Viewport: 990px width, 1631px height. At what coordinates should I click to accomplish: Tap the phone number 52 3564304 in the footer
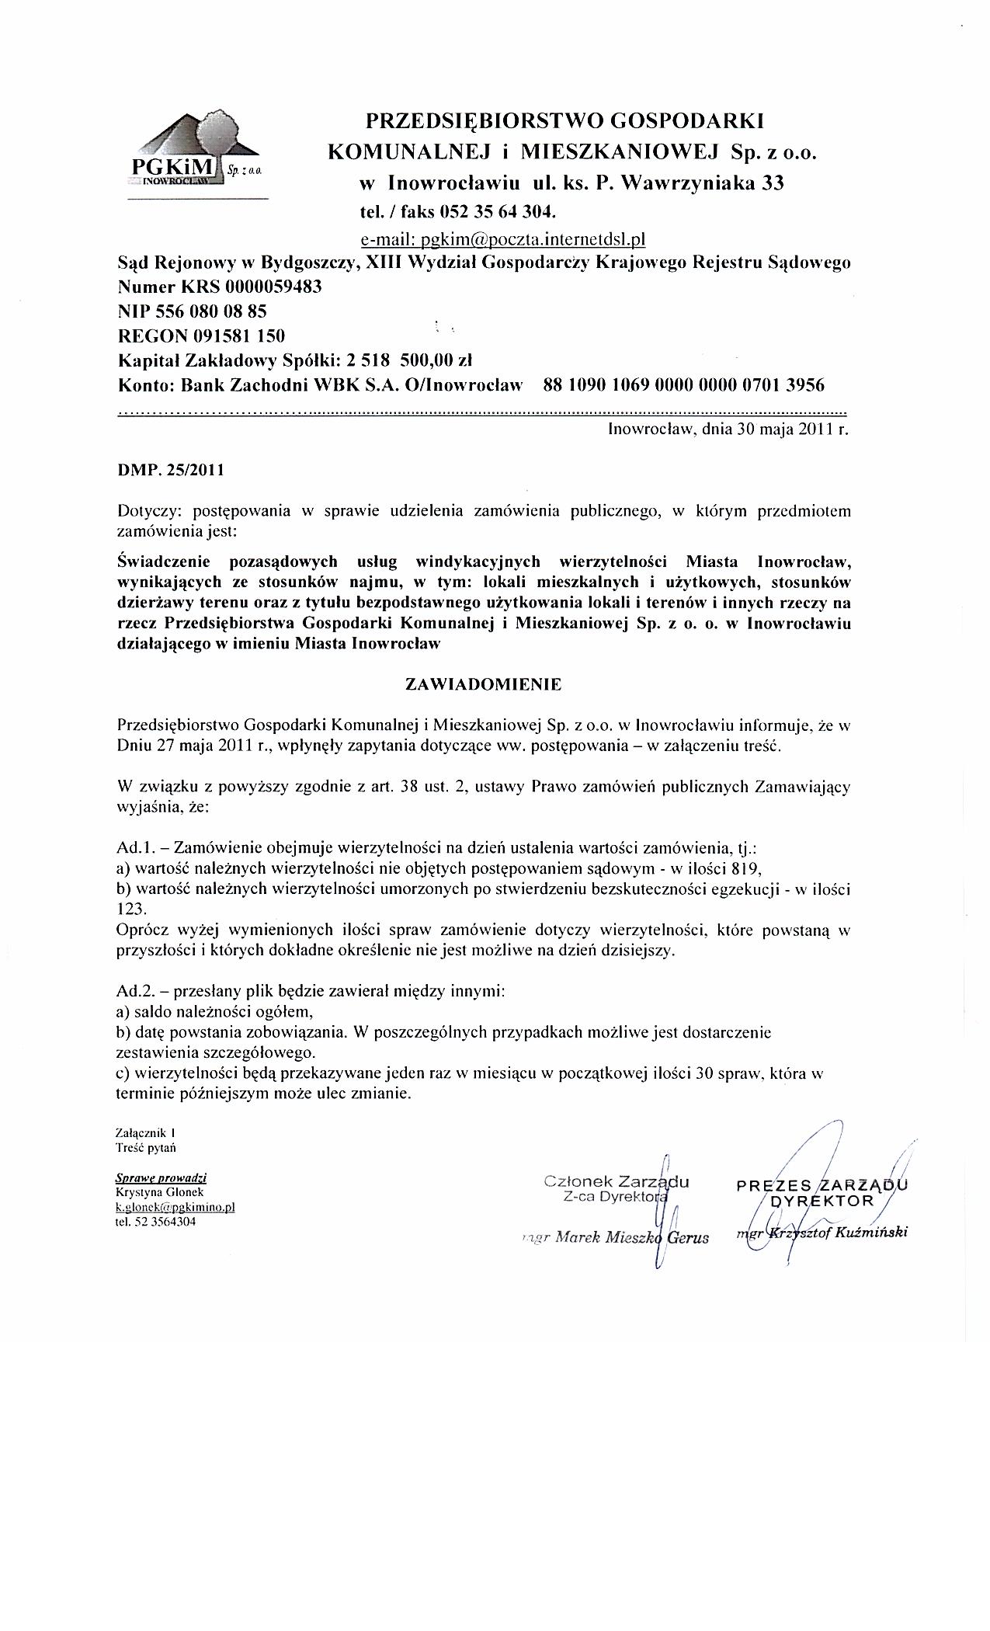point(164,1221)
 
